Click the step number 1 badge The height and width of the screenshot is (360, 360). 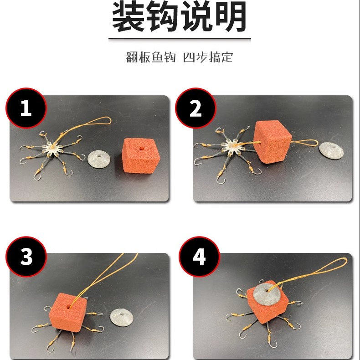[26, 108]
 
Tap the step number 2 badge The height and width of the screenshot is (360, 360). [195, 108]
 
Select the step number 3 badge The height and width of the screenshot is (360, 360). [26, 257]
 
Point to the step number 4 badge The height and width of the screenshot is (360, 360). [199, 257]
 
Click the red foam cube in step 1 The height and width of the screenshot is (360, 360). [139, 156]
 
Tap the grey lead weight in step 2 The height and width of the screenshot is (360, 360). [331, 151]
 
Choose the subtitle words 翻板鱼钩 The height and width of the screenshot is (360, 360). [150, 58]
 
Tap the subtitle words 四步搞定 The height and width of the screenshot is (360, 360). [208, 58]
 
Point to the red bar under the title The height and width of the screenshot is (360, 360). [180, 40]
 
